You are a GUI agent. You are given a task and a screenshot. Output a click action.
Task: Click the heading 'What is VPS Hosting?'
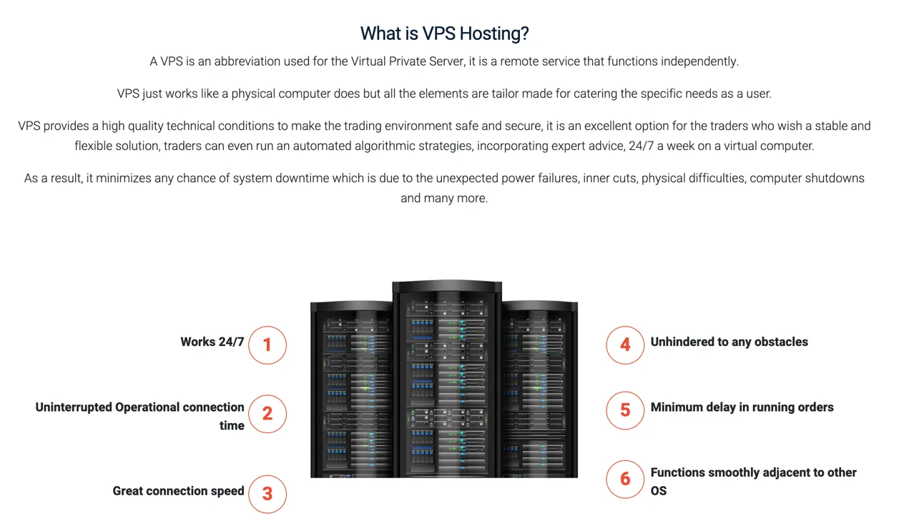pyautogui.click(x=444, y=34)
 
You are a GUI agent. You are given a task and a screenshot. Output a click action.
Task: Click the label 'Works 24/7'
pyautogui.click(x=212, y=342)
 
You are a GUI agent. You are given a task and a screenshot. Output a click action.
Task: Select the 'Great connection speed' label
pyautogui.click(x=178, y=491)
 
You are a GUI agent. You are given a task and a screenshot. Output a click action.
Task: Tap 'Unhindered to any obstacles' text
pyautogui.click(x=729, y=342)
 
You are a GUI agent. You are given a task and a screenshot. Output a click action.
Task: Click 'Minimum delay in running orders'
pyautogui.click(x=742, y=407)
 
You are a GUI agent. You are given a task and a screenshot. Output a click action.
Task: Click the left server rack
pyautogui.click(x=351, y=389)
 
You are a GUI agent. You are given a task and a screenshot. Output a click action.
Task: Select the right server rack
pyautogui.click(x=540, y=389)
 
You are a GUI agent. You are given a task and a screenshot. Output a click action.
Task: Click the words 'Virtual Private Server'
pyautogui.click(x=407, y=61)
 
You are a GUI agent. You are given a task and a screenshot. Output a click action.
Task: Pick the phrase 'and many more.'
pyautogui.click(x=444, y=198)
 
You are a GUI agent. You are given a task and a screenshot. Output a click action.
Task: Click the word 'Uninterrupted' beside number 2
pyautogui.click(x=74, y=407)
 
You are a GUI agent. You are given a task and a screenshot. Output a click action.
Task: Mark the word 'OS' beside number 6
pyautogui.click(x=658, y=491)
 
